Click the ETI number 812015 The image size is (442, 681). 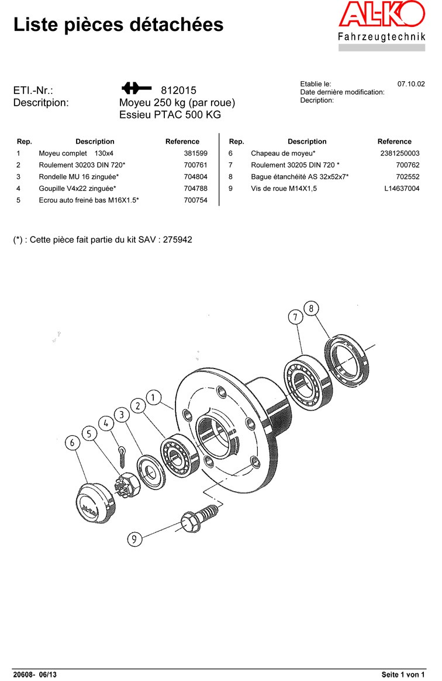pyautogui.click(x=178, y=91)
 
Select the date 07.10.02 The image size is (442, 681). pyautogui.click(x=411, y=84)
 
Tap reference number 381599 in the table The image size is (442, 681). pyautogui.click(x=196, y=153)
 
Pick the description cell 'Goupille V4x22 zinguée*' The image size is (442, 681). pyautogui.click(x=77, y=188)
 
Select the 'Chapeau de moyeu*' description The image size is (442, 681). pyautogui.click(x=284, y=153)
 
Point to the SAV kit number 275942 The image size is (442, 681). pyautogui.click(x=178, y=239)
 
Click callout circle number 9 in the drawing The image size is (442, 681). pyautogui.click(x=134, y=538)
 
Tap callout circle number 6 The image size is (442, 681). pyautogui.click(x=72, y=442)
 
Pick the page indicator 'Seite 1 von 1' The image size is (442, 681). pyautogui.click(x=403, y=675)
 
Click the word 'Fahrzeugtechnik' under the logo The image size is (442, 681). pyautogui.click(x=381, y=37)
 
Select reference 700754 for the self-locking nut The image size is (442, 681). pyautogui.click(x=196, y=200)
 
